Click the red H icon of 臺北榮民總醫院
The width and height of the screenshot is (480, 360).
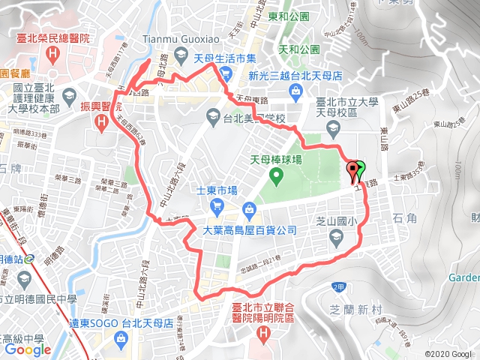click(52, 55)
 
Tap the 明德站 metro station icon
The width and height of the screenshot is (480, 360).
click(29, 260)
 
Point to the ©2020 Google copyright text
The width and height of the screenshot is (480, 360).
click(449, 353)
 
